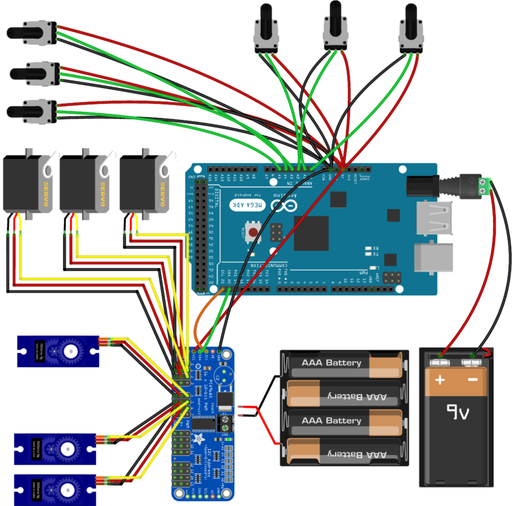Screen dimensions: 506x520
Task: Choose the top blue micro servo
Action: click(58, 352)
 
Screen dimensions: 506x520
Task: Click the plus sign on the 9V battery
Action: click(440, 381)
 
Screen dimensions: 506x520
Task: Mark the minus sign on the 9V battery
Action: click(473, 381)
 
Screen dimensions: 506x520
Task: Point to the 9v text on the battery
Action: click(456, 412)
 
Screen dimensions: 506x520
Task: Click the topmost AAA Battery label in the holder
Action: click(331, 363)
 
